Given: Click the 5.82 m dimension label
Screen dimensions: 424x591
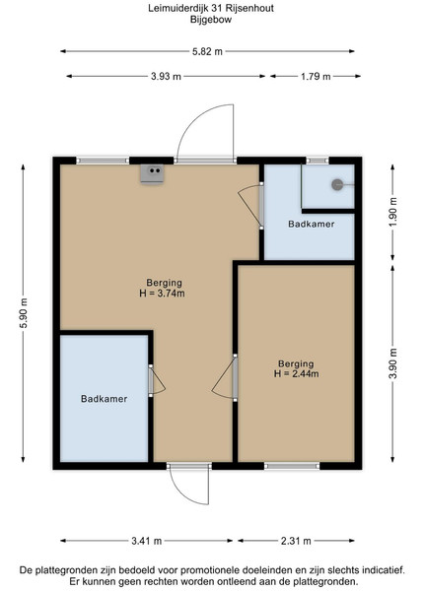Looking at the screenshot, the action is pos(207,51).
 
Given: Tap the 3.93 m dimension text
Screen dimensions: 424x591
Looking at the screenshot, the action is pos(166,77).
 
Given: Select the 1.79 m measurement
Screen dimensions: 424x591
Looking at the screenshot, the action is pos(316,77).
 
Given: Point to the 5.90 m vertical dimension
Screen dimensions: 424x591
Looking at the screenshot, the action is pos(24,313).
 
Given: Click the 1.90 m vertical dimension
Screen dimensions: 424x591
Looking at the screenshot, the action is pos(392,212).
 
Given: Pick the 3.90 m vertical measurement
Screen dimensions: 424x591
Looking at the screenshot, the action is pos(392,363).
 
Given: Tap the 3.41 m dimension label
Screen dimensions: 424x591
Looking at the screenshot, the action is pos(146,541).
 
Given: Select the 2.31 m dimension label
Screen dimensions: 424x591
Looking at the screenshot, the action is pos(296,541).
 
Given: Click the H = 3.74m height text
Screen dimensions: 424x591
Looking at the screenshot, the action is pos(162,294).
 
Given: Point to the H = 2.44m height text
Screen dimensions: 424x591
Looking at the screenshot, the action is pos(296,374).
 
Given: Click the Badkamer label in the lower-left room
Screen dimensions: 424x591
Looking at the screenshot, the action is pos(104,399).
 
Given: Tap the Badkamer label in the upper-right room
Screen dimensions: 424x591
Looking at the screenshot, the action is pos(312,224).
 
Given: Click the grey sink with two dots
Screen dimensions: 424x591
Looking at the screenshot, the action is pos(152,173).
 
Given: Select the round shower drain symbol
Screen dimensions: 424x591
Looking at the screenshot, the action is pos(337,185).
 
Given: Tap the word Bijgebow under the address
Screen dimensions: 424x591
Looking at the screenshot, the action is pos(211,20).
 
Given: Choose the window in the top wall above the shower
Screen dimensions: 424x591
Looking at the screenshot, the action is pos(318,161).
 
